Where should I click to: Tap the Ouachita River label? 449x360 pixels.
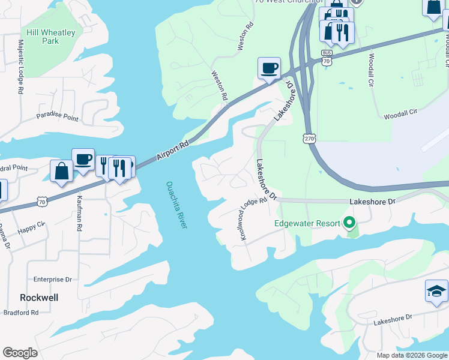[x=177, y=204]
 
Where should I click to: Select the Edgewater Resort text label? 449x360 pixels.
[x=307, y=224]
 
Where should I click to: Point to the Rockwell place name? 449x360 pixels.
[x=38, y=298]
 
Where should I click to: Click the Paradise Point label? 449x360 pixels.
[x=57, y=116]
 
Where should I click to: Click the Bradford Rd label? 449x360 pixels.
[x=20, y=313]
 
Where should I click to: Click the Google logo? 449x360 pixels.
[x=20, y=353]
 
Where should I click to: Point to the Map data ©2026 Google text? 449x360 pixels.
[x=411, y=355]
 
